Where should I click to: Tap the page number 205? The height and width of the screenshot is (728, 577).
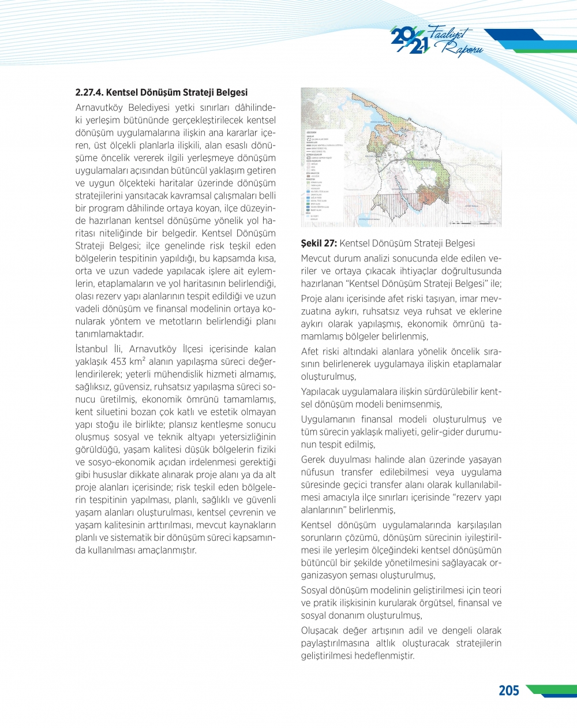508,690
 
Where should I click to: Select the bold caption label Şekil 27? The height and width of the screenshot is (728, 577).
319,244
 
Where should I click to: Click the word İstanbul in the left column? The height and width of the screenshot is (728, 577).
91,349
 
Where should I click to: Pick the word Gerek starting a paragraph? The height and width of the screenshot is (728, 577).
314,460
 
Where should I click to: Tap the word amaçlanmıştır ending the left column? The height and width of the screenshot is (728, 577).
167,550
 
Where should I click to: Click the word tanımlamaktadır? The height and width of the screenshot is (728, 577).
110,334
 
